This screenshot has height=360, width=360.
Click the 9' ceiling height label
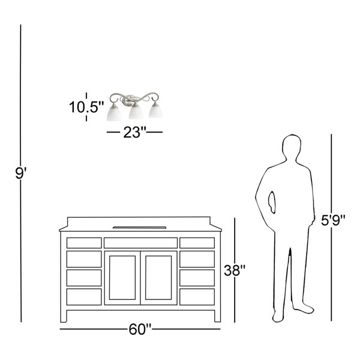20,173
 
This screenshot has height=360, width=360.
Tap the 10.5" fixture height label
86,107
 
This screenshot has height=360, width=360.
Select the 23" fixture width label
135,132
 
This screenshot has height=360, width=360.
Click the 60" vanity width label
140,329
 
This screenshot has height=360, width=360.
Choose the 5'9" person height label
333,220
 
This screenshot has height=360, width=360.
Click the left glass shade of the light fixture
114,113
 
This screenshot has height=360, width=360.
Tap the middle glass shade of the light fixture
136,111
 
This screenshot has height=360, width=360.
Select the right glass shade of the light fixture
155,110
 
